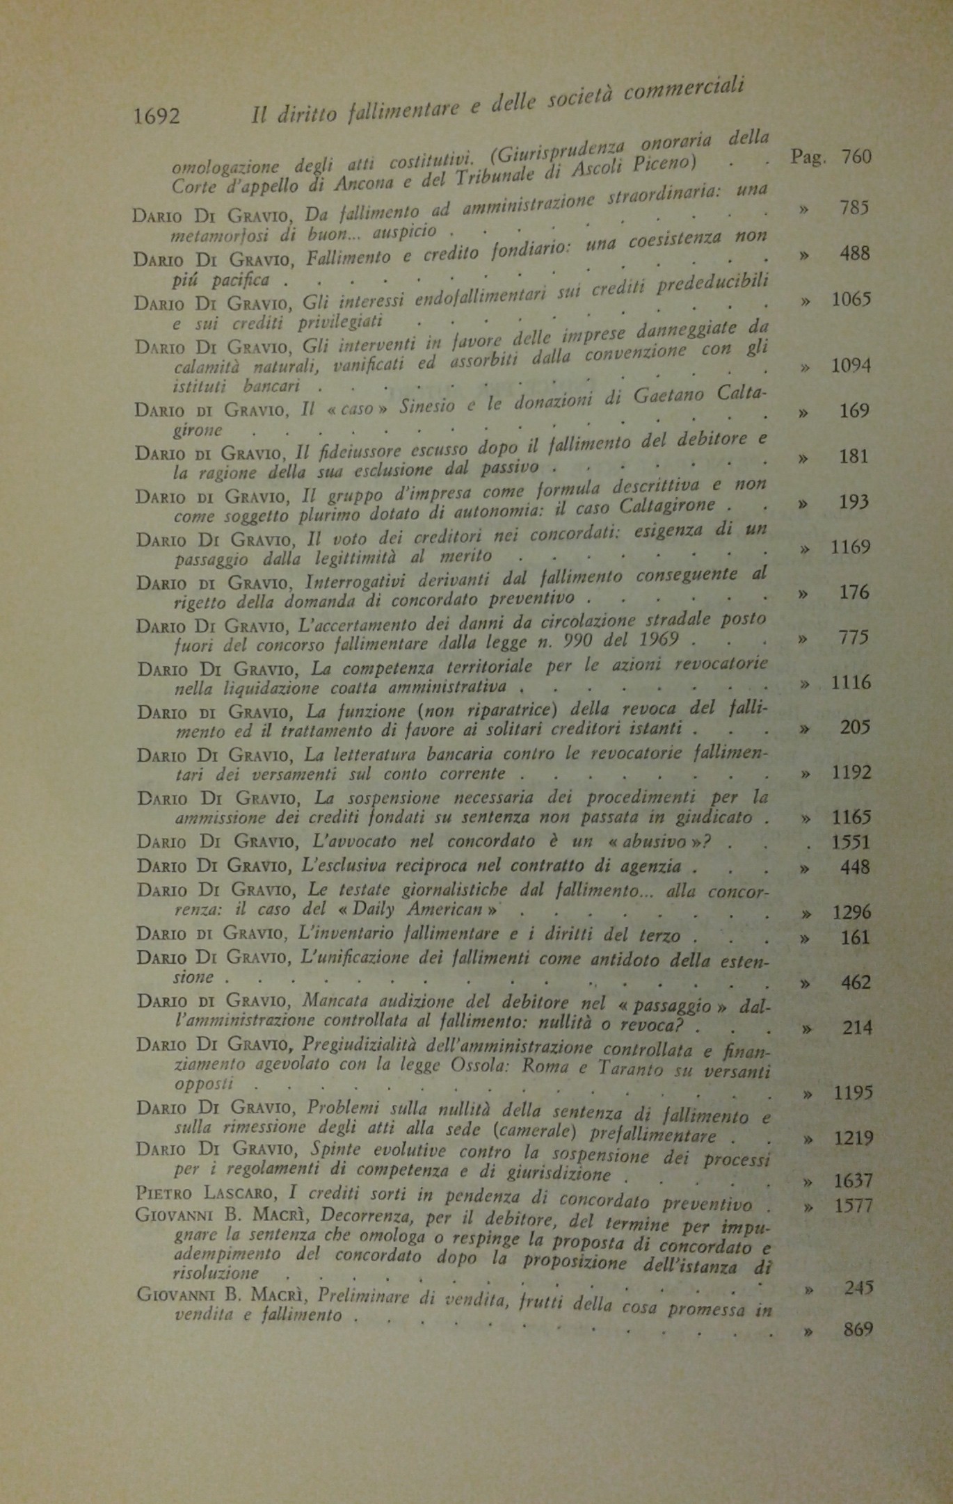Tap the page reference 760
[x=855, y=157]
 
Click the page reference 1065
[x=851, y=300]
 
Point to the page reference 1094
[x=851, y=366]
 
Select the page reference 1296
[x=851, y=912]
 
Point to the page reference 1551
[x=851, y=843]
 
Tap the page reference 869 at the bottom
[x=857, y=1330]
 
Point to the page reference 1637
[x=853, y=1181]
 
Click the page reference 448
[x=855, y=868]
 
